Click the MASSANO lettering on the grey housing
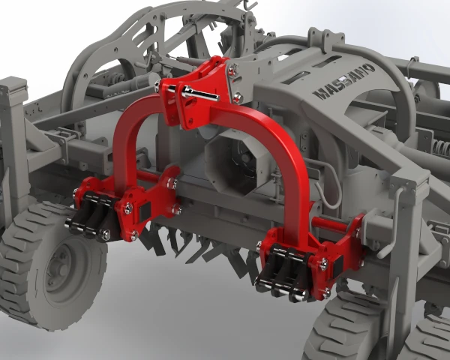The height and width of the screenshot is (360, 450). tap(343, 81)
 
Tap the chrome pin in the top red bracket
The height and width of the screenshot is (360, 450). tap(199, 93)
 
